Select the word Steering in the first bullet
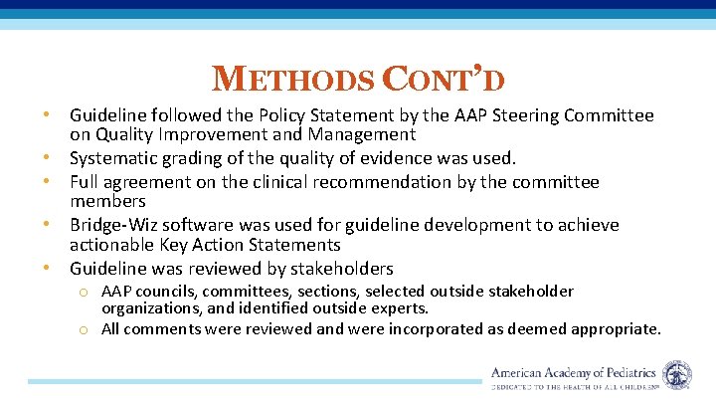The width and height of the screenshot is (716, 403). pos(513,116)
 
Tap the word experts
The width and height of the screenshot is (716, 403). pos(398,309)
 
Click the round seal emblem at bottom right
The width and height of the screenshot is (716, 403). pos(677,375)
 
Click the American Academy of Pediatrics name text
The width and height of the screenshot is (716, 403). pos(574,372)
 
